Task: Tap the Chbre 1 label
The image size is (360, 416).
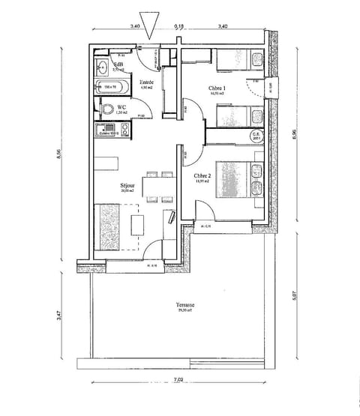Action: (218, 88)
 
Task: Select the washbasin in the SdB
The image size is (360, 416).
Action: (102, 68)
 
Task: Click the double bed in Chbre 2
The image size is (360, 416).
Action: (238, 179)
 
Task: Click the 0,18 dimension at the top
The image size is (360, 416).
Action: (179, 25)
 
